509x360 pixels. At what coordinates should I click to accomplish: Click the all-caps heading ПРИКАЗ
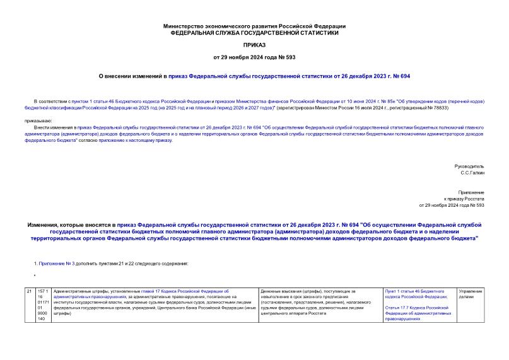(254, 45)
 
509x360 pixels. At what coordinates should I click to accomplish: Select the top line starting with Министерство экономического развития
(254, 26)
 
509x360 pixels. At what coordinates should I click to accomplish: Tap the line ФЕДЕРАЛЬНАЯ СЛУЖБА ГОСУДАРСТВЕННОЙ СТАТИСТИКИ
(254, 32)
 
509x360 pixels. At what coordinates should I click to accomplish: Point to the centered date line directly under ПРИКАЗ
(254, 58)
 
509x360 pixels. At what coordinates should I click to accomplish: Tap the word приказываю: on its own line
(39, 120)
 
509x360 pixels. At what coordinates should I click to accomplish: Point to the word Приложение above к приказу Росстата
(471, 192)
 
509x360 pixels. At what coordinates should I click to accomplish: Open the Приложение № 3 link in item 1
(57, 263)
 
